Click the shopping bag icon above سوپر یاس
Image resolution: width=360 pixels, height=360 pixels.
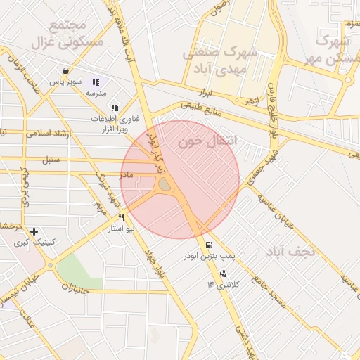[65, 70]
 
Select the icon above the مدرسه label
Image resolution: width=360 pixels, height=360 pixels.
[96, 82]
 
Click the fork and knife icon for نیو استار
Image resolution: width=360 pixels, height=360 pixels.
[121, 218]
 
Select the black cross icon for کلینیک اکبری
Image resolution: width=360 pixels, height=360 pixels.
[34, 231]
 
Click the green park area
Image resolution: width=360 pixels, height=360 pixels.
[78, 268]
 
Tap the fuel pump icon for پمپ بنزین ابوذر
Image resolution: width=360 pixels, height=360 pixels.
[209, 245]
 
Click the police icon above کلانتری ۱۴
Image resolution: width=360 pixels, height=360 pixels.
[224, 274]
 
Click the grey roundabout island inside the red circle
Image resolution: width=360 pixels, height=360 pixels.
[164, 184]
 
